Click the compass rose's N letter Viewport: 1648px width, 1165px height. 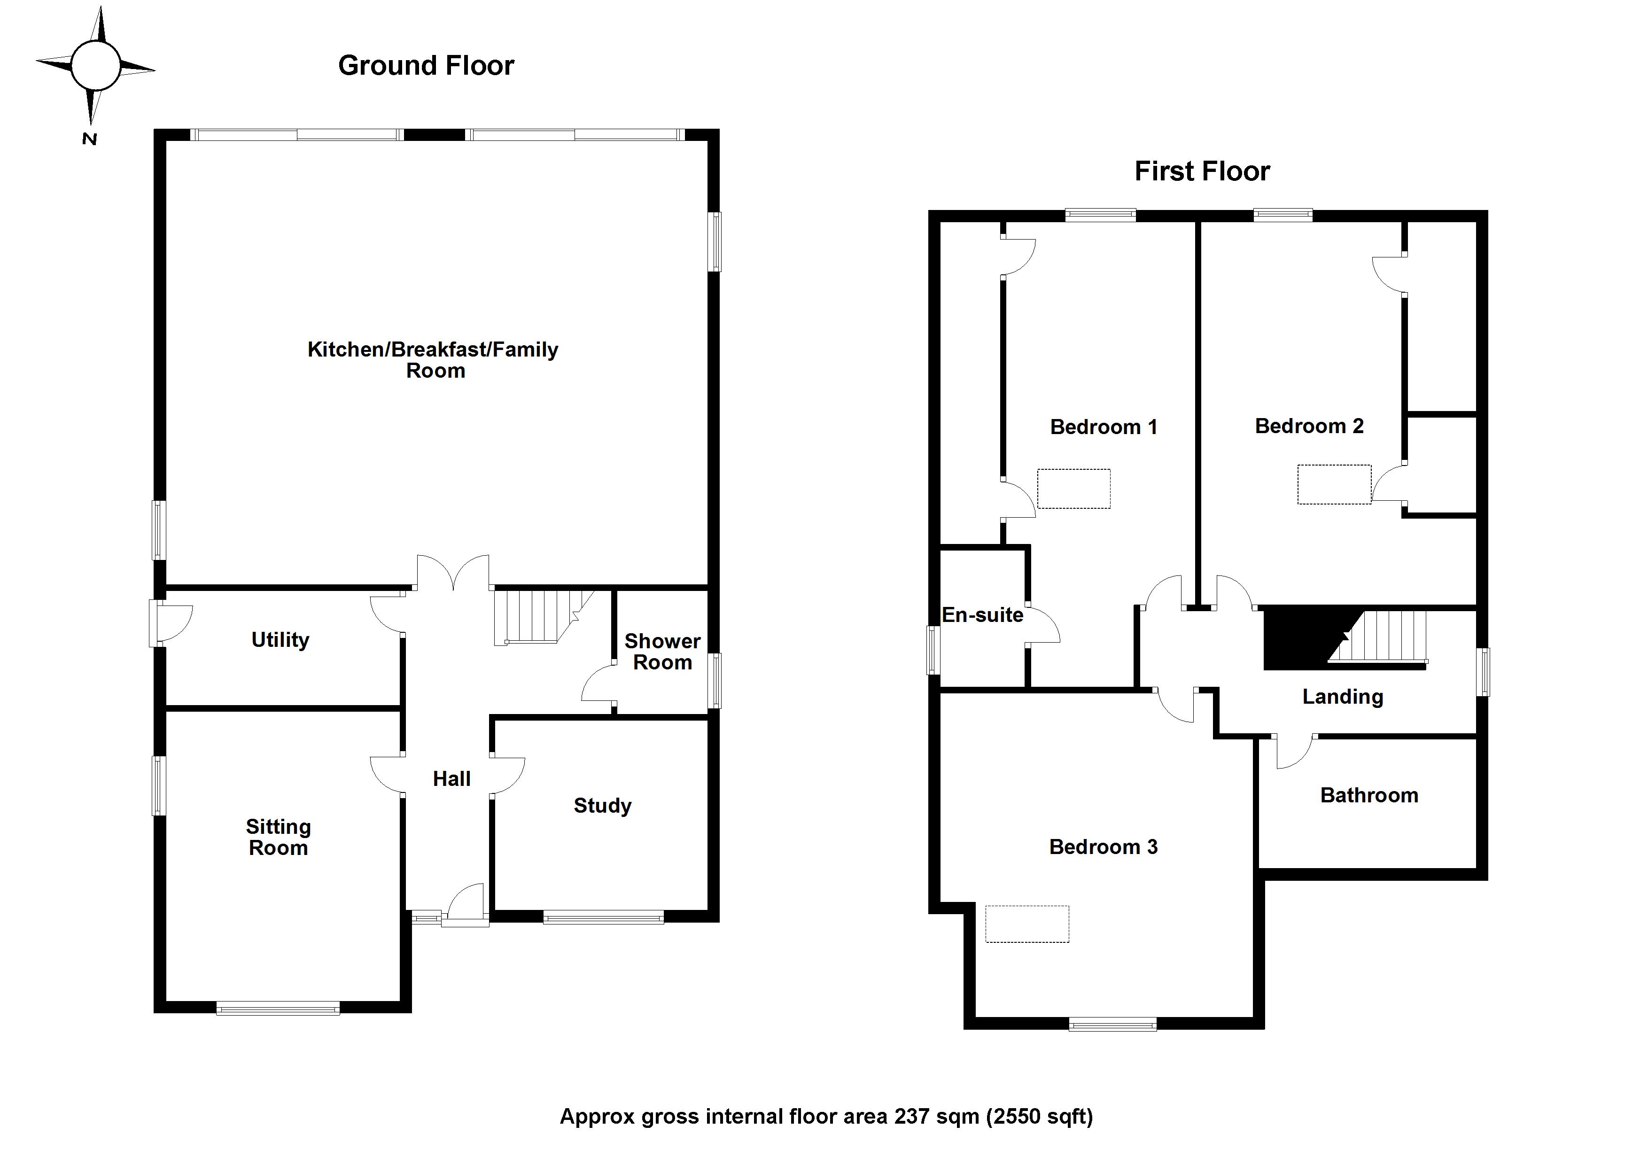coord(89,139)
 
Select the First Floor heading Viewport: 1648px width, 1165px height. coord(1202,171)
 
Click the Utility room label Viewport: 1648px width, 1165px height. coord(280,639)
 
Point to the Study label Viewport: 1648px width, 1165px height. coord(602,805)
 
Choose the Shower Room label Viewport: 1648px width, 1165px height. coord(662,651)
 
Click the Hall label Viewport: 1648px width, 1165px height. coord(451,779)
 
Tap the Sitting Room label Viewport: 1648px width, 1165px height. coord(279,837)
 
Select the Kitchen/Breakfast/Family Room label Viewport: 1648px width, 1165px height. coord(433,360)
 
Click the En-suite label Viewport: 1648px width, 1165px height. coord(982,615)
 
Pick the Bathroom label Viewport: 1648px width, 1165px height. coord(1369,795)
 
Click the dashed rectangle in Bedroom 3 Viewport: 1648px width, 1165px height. coord(1026,924)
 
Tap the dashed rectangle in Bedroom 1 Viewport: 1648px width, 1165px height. coord(1074,489)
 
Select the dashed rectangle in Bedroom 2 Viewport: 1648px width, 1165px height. coord(1334,484)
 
